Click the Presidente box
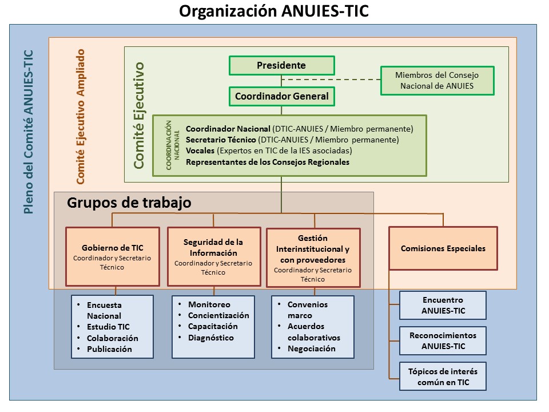point(281,65)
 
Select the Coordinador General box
point(281,96)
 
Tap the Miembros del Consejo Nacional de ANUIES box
point(437,81)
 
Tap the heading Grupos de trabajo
point(129,203)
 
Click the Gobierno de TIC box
point(112,256)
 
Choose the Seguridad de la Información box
point(213,256)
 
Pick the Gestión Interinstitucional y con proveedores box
point(313,257)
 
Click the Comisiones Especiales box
point(443,248)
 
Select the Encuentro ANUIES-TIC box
point(443,305)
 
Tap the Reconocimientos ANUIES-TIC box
point(443,340)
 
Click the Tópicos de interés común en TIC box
point(443,377)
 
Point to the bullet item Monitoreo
point(209,304)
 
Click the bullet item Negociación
point(311,348)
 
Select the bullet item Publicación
point(109,349)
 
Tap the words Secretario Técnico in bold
point(221,140)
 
